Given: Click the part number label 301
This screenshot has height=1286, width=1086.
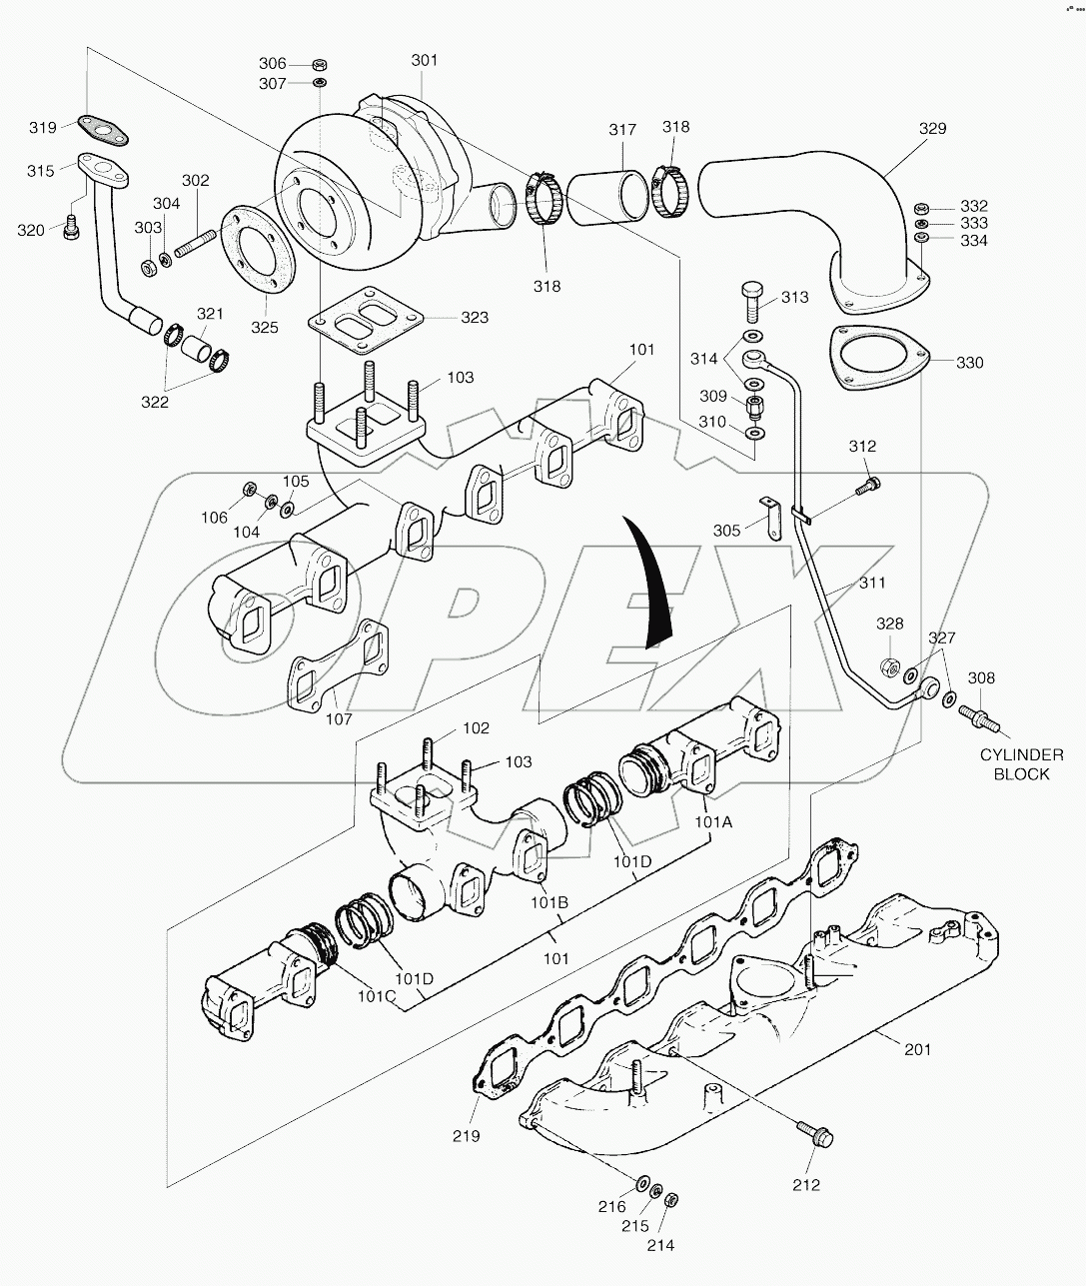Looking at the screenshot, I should (x=424, y=61).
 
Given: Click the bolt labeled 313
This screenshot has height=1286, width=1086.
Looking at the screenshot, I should (x=754, y=297).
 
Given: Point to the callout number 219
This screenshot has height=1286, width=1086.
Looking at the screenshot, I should (x=466, y=1136).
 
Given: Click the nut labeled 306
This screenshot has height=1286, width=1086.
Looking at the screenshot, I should (x=319, y=64).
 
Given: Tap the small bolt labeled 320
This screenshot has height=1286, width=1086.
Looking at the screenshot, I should (x=71, y=228).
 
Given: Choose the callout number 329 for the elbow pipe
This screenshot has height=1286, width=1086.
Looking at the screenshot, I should (x=931, y=129).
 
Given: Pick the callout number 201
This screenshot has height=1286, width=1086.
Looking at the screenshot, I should (x=917, y=1049).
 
